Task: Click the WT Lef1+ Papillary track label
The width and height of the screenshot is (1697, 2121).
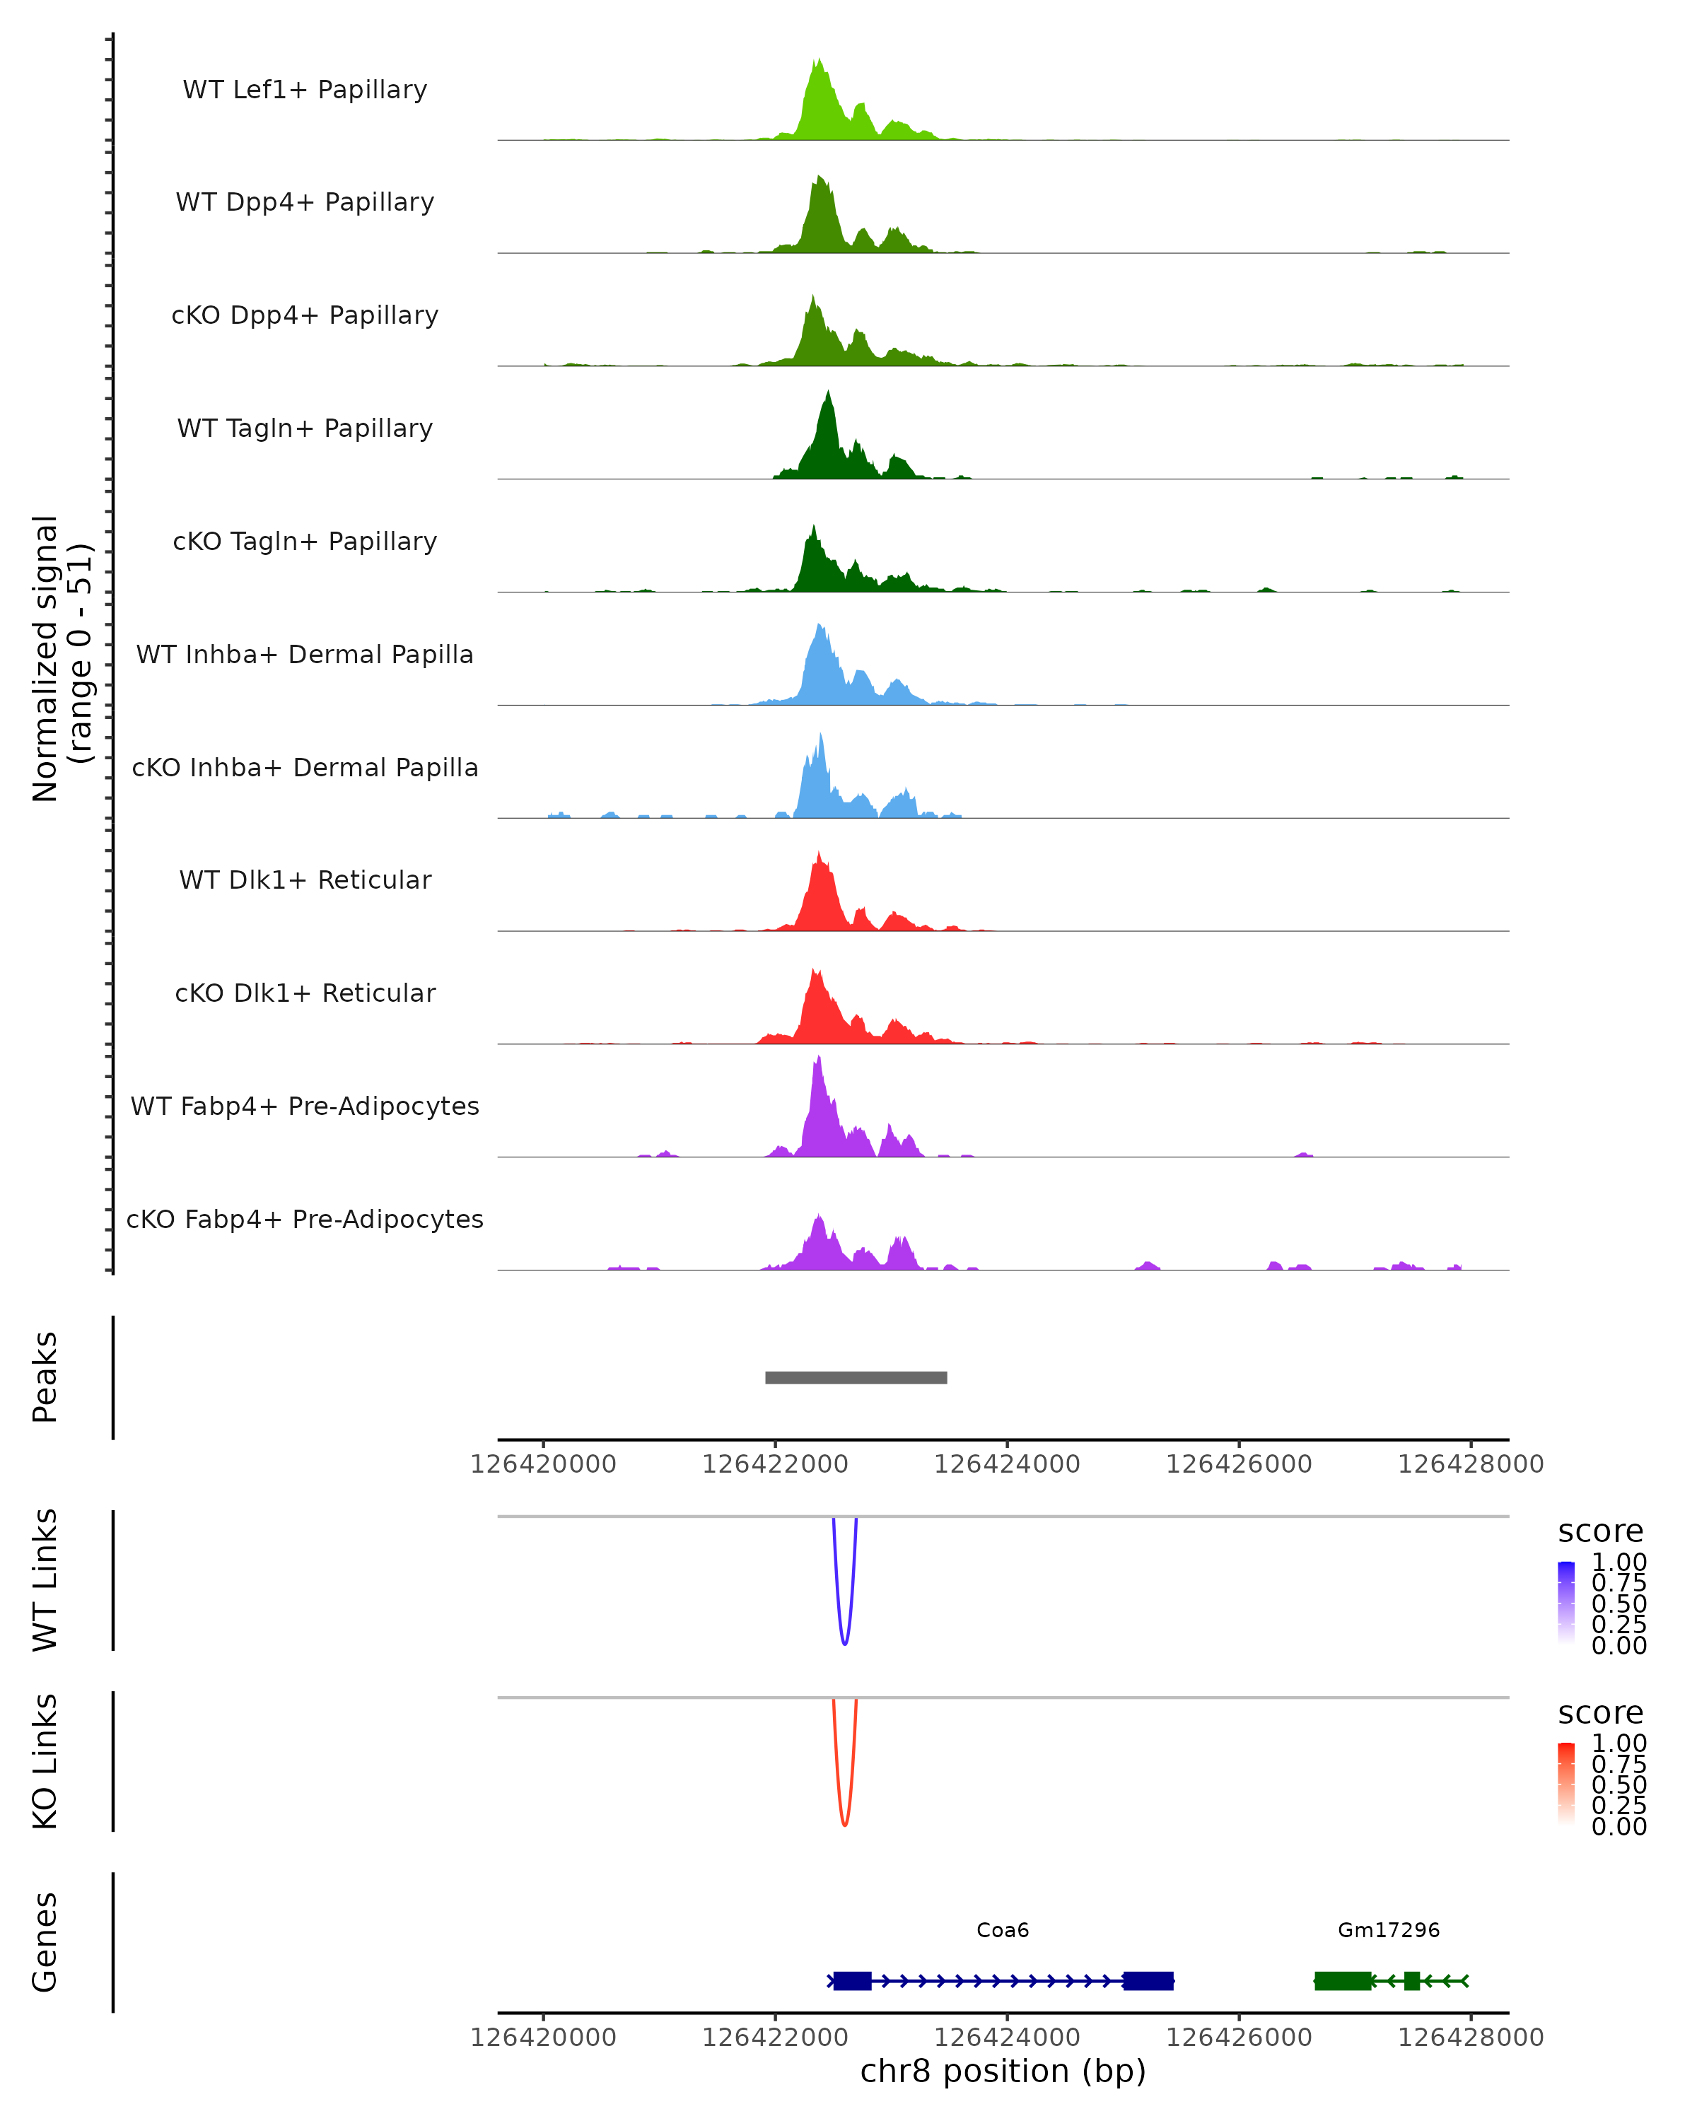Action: pos(305,90)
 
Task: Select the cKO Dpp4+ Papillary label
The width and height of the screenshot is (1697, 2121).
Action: pos(305,316)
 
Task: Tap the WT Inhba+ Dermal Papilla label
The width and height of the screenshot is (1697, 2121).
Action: pos(305,655)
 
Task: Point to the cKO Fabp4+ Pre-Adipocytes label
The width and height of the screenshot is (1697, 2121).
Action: pos(305,1220)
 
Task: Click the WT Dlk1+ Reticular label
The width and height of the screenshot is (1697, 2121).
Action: pos(305,880)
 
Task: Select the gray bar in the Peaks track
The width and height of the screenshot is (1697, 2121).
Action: pos(856,1378)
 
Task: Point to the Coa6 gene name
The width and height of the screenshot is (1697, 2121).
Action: pos(1003,1930)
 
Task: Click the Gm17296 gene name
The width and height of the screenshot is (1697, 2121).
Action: pos(1388,1930)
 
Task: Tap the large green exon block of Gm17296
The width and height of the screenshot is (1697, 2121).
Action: pos(1343,1981)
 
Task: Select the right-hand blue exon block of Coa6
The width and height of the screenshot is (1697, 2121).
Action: pos(1148,1981)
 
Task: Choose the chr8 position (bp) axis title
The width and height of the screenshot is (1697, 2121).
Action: pos(1003,2071)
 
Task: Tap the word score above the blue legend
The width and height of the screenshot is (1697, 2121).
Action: pos(1599,1532)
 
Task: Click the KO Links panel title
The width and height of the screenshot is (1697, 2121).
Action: pos(45,1761)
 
